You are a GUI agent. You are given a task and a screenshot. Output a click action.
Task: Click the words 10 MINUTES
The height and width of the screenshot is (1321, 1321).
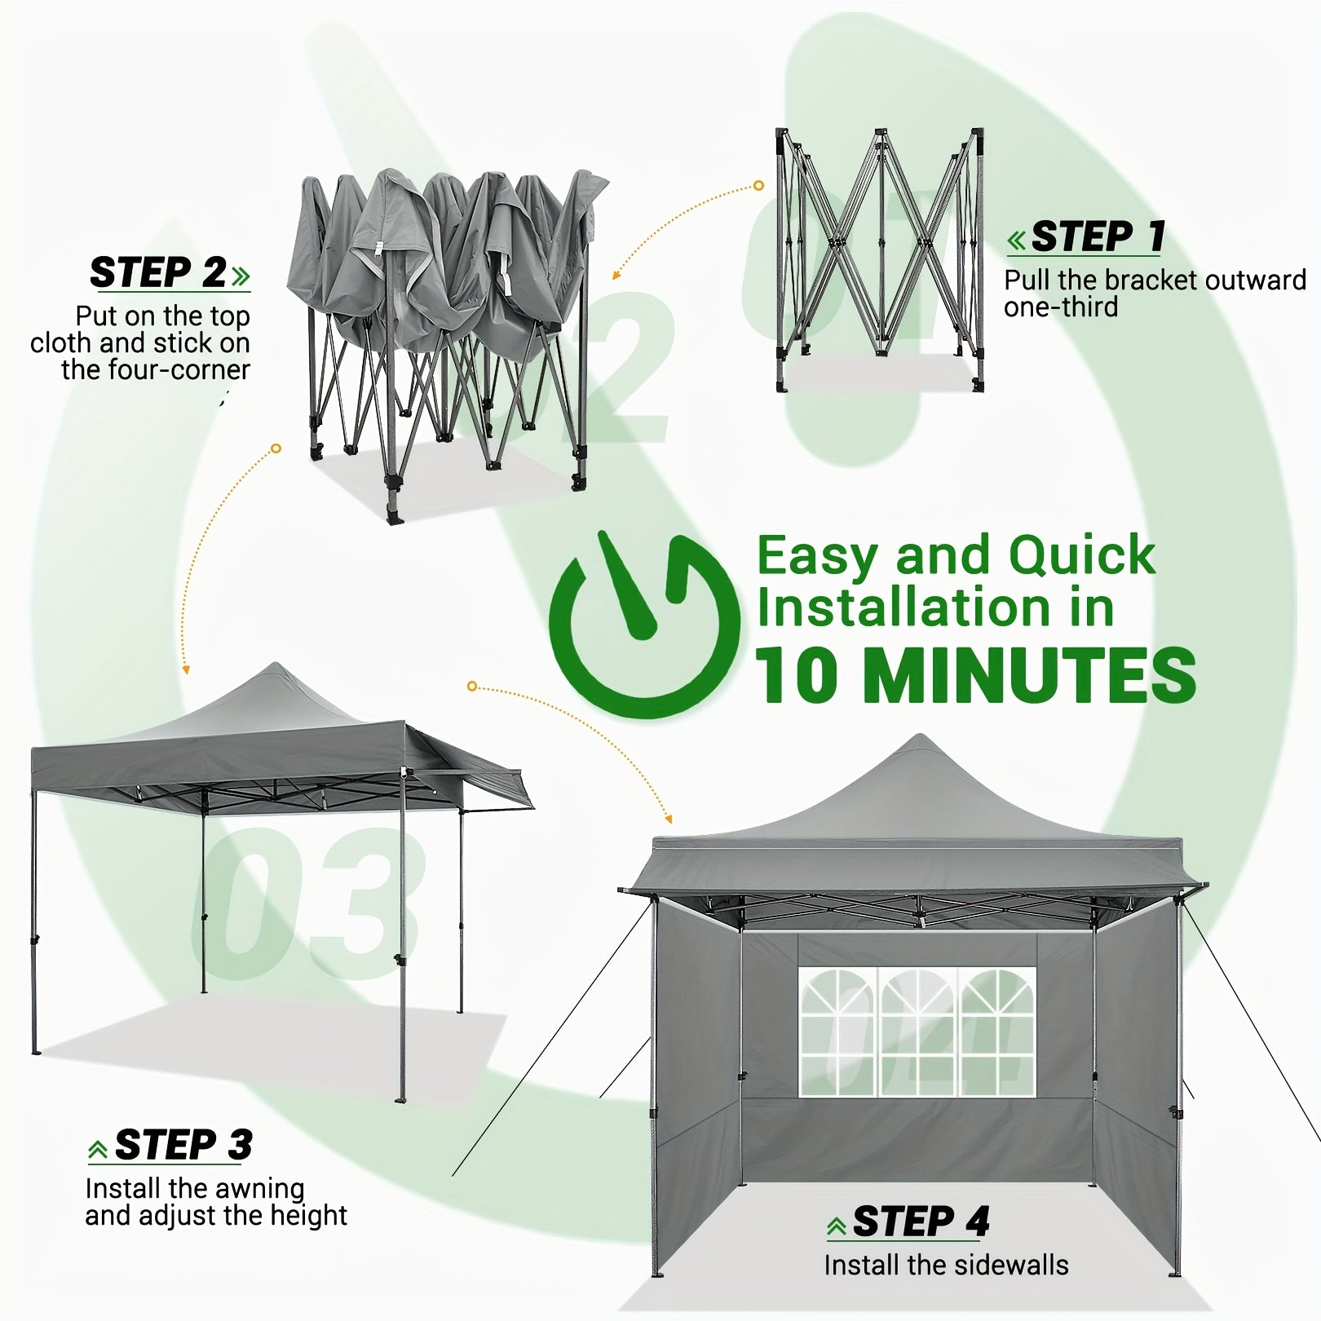[x=976, y=676]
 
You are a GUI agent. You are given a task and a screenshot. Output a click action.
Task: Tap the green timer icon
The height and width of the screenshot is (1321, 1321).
[x=634, y=625]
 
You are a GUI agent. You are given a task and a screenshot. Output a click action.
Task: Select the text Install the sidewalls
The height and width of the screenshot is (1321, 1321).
[x=946, y=1265]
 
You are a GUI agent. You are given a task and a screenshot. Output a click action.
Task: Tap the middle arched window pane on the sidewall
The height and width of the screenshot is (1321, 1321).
[x=918, y=1032]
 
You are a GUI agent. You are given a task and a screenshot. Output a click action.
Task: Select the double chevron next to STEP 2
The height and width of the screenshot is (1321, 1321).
[x=241, y=276]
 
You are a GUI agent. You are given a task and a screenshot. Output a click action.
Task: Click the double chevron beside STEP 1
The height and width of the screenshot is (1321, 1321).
[x=1018, y=241]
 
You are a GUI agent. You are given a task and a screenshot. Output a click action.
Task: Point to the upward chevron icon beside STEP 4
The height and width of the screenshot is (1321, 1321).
[x=836, y=1226]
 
